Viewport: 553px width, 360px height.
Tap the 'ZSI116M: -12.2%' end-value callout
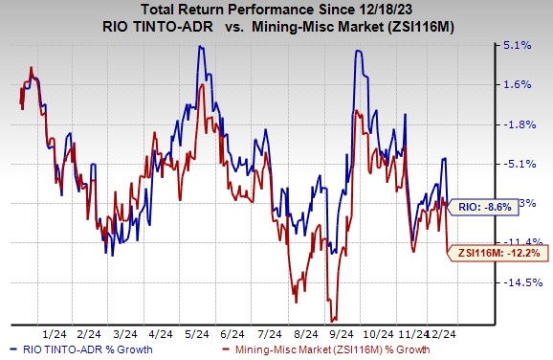point(494,252)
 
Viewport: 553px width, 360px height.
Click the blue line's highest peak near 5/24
point(200,45)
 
